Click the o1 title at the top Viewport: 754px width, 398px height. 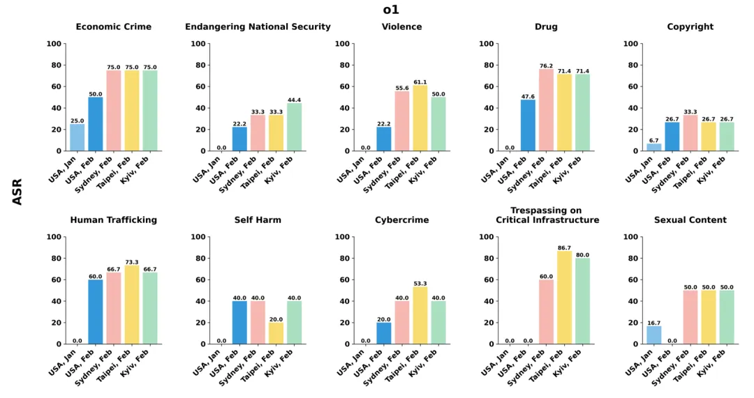pyautogui.click(x=391, y=10)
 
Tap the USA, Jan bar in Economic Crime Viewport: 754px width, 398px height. pyautogui.click(x=77, y=137)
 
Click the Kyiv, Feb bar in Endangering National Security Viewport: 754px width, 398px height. pyautogui.click(x=294, y=127)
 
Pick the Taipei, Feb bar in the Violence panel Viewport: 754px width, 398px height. pyautogui.click(x=420, y=118)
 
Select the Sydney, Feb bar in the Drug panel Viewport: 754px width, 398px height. pyautogui.click(x=546, y=110)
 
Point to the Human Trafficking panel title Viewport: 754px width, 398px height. pyautogui.click(x=113, y=220)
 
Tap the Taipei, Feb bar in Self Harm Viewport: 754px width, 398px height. pyautogui.click(x=276, y=333)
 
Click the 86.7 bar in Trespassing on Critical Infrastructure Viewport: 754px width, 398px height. pyautogui.click(x=564, y=298)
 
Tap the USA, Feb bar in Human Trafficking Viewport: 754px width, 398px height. pyautogui.click(x=95, y=312)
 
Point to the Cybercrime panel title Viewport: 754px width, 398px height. pyautogui.click(x=401, y=220)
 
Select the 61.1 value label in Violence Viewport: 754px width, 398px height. pyautogui.click(x=420, y=82)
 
